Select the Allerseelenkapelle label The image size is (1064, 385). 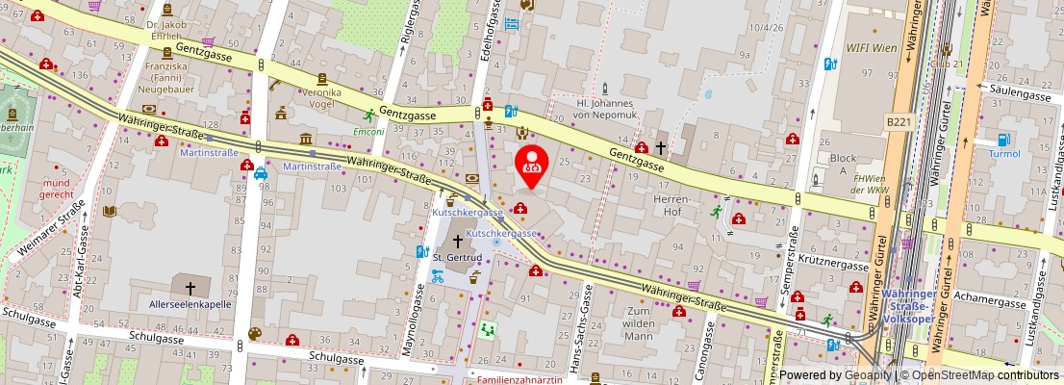(x=190, y=304)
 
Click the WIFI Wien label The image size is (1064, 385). (x=871, y=46)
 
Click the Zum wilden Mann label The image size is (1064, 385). (x=645, y=323)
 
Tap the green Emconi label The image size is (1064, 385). (x=367, y=131)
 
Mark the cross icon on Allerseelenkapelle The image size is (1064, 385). (x=190, y=287)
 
